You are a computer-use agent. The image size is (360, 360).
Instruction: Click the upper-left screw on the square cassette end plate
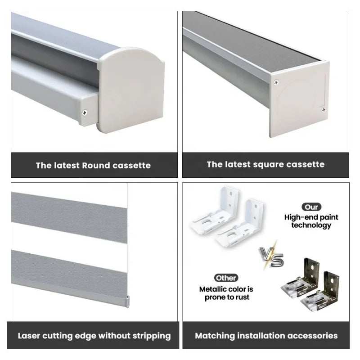[276, 82]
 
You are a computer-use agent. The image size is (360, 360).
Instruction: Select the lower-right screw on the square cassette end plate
[323, 109]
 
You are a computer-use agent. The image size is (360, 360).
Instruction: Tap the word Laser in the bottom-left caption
[31, 336]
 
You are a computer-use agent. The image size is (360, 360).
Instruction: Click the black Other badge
[226, 278]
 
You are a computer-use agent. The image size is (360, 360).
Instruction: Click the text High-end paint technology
[311, 221]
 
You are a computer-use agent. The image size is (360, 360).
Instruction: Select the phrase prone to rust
[226, 297]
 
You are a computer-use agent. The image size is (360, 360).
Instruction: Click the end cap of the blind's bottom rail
[127, 300]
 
